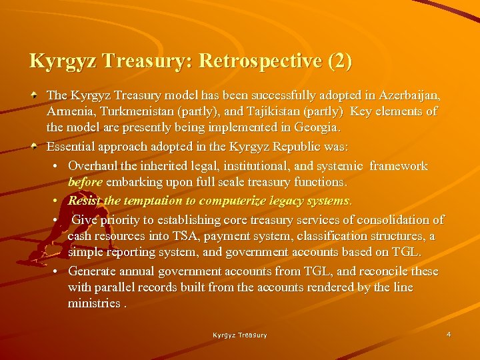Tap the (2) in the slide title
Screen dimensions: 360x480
(339, 61)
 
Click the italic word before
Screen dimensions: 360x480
(85, 181)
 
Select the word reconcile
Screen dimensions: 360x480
(381, 271)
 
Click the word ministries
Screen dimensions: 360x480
(94, 303)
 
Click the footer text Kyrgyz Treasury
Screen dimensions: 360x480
(240, 335)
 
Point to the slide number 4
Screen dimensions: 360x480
(449, 333)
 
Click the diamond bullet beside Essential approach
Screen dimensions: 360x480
(33, 146)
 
